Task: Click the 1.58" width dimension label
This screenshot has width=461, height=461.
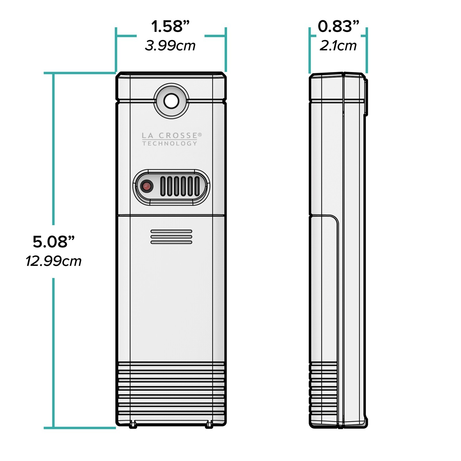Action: [x=171, y=27]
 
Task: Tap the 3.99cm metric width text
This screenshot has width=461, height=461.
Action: [x=170, y=46]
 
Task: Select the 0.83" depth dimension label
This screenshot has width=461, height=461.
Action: [x=339, y=27]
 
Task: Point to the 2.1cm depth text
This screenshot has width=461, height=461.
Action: [x=338, y=46]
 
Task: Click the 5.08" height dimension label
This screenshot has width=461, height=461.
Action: [x=54, y=241]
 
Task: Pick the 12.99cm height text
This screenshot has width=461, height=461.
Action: [x=54, y=261]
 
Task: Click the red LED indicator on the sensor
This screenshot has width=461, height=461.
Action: [x=147, y=186]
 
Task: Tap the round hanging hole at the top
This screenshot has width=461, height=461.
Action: [x=171, y=101]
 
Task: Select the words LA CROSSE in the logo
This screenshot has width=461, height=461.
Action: [x=169, y=135]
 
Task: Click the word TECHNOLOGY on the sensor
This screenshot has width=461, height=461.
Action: [x=169, y=143]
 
